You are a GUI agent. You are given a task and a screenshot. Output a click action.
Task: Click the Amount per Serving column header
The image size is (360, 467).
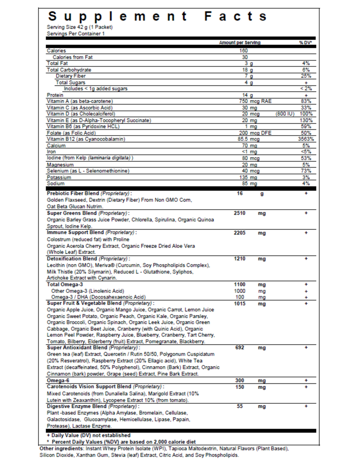[239, 43]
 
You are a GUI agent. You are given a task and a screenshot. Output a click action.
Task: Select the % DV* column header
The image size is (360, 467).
[305, 43]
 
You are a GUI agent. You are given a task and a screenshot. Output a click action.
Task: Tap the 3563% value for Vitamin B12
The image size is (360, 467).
[306, 139]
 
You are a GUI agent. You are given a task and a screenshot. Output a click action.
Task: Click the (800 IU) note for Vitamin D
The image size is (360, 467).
[285, 114]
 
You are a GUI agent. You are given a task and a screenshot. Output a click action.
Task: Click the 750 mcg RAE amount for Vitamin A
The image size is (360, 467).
[255, 101]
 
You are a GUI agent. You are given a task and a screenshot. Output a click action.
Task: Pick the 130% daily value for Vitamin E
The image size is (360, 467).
[306, 120]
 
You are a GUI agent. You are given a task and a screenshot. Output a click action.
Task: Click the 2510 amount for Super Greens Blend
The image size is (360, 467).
[240, 213]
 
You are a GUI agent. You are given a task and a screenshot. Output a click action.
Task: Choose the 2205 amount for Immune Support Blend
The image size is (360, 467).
[240, 233]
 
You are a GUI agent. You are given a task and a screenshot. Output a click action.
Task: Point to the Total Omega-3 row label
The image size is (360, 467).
[65, 284]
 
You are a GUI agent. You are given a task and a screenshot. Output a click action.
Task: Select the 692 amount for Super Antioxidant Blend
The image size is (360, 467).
[240, 348]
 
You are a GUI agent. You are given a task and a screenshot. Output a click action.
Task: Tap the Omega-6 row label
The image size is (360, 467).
[58, 381]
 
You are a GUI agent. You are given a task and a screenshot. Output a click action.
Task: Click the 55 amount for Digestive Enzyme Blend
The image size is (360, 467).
[240, 406]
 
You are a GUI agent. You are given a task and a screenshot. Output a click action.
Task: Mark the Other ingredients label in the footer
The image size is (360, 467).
[61, 449]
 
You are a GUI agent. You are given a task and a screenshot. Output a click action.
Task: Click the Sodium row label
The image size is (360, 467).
[56, 183]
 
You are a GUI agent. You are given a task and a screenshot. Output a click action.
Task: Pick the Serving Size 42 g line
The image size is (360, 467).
[80, 27]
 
